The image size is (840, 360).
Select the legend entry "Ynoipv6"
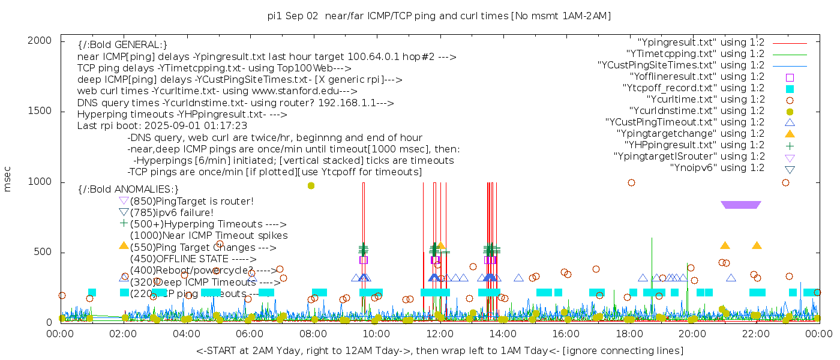click(717, 167)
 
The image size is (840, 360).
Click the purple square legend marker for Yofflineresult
click(790, 77)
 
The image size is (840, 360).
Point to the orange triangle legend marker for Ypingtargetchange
click(790, 133)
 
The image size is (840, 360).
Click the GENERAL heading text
click(122, 44)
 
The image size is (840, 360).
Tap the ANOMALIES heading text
click(128, 189)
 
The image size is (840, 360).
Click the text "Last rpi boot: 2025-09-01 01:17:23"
click(162, 125)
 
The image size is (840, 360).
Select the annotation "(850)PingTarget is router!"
click(191, 201)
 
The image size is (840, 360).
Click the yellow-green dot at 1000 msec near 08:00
click(311, 185)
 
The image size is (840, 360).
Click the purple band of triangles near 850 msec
click(741, 205)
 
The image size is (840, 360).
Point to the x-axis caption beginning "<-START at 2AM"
click(439, 350)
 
